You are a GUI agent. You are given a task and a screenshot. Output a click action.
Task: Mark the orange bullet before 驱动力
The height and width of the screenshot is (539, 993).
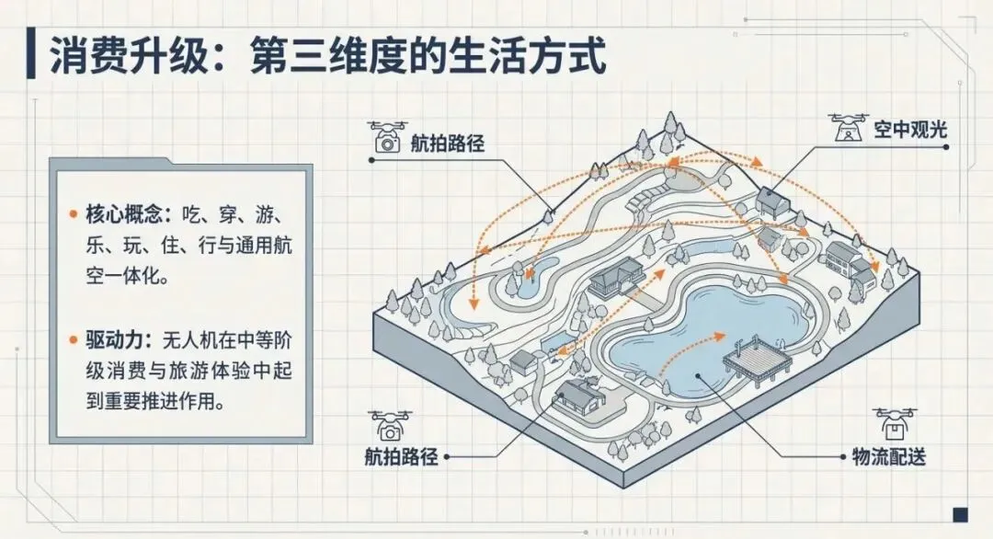click(73, 340)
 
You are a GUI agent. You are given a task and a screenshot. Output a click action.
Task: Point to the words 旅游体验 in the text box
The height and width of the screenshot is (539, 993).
click(204, 372)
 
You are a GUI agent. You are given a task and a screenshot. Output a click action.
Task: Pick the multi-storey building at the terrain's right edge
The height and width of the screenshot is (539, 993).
click(847, 260)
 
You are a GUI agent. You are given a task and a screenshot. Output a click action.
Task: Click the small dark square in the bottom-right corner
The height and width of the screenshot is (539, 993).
click(959, 512)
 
